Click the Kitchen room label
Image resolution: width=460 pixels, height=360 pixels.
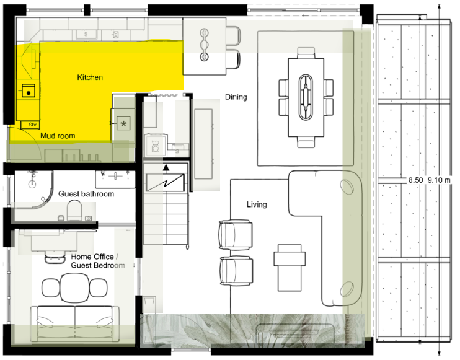tap(90, 77)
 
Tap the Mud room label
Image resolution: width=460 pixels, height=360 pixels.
tap(58, 136)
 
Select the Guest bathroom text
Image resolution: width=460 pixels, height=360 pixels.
tap(86, 194)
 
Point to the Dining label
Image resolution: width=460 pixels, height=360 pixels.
tap(236, 97)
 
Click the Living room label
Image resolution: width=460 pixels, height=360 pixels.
tap(257, 204)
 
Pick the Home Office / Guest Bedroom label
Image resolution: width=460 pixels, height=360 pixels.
tap(98, 261)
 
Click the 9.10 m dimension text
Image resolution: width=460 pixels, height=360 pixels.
tap(438, 180)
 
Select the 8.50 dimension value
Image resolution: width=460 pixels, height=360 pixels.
tap(416, 180)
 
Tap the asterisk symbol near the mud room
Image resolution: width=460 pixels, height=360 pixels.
tap(123, 123)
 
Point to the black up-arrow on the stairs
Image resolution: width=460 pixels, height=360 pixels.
tap(166, 167)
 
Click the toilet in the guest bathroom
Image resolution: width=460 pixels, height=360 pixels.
tap(74, 210)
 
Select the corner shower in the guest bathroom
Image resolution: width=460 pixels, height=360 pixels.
tap(33, 189)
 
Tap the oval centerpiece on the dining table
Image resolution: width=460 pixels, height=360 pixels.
tap(306, 97)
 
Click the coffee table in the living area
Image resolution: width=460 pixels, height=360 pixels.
tap(290, 267)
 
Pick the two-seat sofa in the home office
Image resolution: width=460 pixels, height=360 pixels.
tap(75, 323)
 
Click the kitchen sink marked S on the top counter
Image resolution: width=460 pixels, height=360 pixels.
tap(86, 34)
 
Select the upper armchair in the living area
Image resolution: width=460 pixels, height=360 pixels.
tap(236, 235)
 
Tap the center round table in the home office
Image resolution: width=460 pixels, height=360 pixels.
tap(74, 288)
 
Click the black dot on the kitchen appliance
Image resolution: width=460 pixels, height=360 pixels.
tap(29, 93)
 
